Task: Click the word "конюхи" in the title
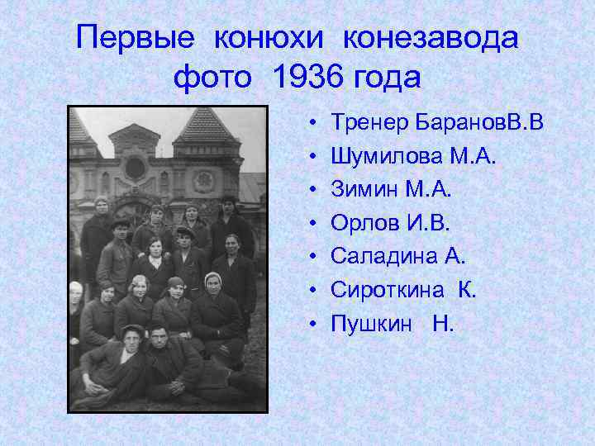click(270, 38)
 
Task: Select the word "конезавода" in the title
click(431, 38)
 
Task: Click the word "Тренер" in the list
click(366, 123)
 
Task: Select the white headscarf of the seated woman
click(214, 278)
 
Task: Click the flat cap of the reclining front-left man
click(131, 330)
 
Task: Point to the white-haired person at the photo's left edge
click(76, 288)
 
